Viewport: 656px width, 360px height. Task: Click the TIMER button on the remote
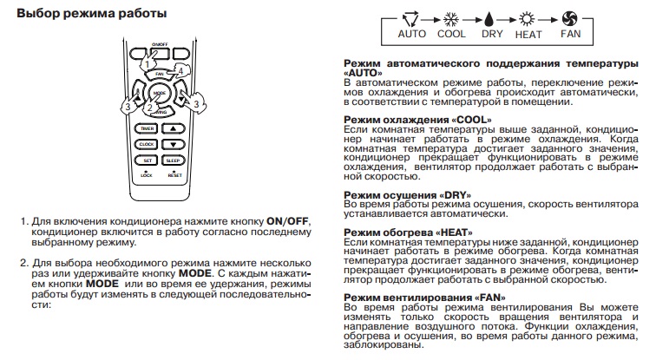[x=147, y=128]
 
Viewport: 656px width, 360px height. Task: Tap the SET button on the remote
[x=147, y=160]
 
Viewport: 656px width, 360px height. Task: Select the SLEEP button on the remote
[x=173, y=160]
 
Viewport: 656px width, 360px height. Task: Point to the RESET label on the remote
[x=174, y=175]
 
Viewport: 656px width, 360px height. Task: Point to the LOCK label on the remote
[x=146, y=175]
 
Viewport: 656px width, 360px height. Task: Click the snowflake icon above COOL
[x=451, y=19]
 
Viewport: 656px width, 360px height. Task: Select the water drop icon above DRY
[x=491, y=19]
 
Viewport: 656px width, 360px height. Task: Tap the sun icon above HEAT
[x=528, y=19]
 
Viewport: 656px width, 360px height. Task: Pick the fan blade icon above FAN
[x=570, y=19]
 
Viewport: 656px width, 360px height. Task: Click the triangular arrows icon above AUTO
[x=411, y=19]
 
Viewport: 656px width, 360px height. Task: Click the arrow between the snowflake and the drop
[x=471, y=19]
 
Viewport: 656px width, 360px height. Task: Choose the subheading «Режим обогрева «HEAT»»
[x=408, y=232]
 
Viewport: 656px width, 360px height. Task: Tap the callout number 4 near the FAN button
[x=180, y=70]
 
